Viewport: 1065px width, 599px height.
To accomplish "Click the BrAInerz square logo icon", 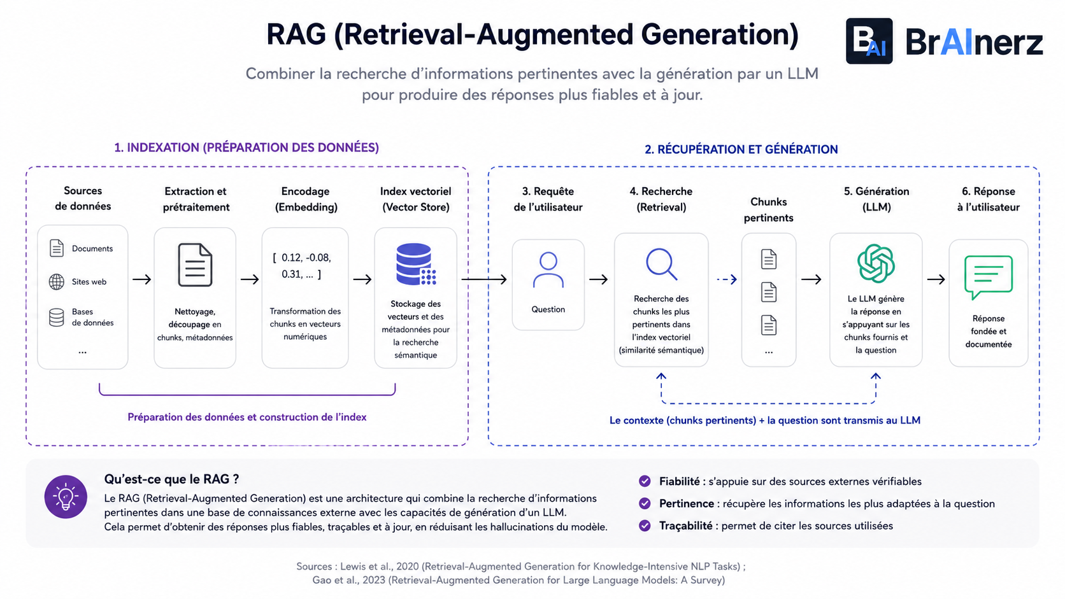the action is click(x=869, y=41).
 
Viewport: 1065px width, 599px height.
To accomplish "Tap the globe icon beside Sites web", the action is click(x=57, y=282).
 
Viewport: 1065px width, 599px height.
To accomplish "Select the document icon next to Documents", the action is click(x=57, y=248).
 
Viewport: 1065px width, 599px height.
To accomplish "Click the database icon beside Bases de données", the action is click(x=57, y=317).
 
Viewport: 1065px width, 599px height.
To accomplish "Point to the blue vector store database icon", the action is click(x=416, y=264).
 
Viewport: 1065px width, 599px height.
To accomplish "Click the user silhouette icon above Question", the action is click(x=548, y=270).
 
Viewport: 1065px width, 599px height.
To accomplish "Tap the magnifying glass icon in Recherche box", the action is click(x=661, y=264).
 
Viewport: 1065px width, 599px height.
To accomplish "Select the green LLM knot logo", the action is click(x=876, y=263).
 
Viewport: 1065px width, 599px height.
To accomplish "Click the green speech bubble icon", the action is click(x=989, y=277).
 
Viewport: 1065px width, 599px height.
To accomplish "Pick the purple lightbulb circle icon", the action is click(x=66, y=497).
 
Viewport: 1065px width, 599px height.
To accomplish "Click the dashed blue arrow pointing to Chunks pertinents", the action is click(x=727, y=279).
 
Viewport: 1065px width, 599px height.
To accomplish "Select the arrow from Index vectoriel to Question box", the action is click(x=484, y=279).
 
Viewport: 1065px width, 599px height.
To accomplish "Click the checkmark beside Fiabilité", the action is click(x=645, y=481).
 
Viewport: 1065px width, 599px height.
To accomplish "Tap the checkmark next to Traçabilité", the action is click(x=645, y=525).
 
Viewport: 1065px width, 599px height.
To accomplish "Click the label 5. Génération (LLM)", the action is click(x=876, y=199).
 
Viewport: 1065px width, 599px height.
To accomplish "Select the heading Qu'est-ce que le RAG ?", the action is click(x=171, y=479).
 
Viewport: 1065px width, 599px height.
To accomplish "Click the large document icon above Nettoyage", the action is click(x=195, y=265).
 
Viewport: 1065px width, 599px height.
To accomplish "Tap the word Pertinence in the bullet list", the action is click(x=687, y=504).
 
